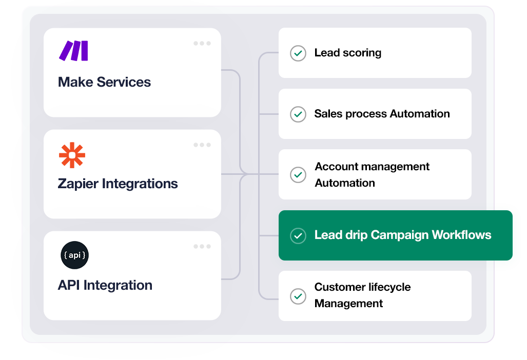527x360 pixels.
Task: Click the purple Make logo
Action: tap(73, 51)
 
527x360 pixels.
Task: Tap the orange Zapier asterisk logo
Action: tap(72, 155)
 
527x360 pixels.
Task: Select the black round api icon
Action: tap(74, 255)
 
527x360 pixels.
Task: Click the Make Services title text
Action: tap(104, 82)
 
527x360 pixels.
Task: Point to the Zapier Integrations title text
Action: tap(118, 184)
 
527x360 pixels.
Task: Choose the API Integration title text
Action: tap(105, 285)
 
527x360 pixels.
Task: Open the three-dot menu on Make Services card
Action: tap(202, 44)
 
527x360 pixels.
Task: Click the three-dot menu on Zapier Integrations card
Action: tap(202, 145)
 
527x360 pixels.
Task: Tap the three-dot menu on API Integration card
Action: tap(202, 247)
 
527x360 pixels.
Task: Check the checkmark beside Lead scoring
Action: tap(298, 53)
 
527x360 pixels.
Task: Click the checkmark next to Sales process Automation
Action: tap(298, 114)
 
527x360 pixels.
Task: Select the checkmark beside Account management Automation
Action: tap(298, 175)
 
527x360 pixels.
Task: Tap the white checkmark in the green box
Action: tap(298, 235)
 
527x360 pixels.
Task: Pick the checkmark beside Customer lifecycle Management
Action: tap(298, 296)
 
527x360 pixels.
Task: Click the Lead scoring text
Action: tap(347, 53)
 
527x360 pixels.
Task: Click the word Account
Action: tap(336, 167)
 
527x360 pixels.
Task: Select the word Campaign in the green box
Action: tap(399, 235)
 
